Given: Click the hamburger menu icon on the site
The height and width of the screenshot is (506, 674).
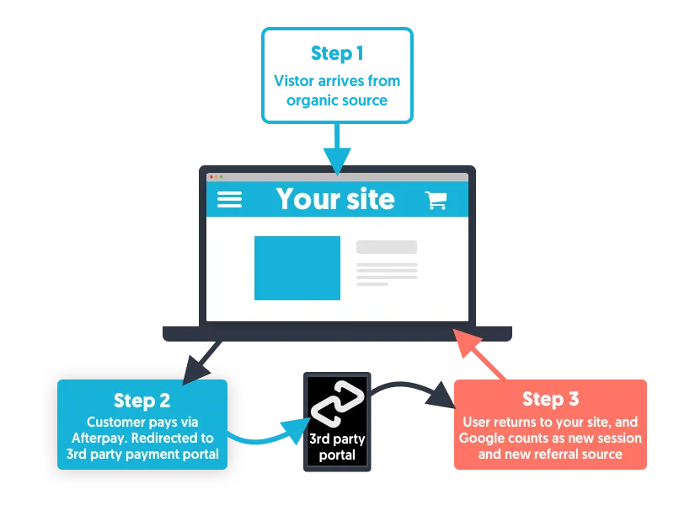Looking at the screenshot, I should click(229, 199).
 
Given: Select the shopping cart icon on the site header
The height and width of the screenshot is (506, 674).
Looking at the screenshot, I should click(436, 200).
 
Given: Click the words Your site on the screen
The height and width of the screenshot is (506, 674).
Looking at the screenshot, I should click(335, 199).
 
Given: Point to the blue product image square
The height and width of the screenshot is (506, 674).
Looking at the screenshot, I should click(297, 268).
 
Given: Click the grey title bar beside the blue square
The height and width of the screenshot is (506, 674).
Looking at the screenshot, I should click(386, 247).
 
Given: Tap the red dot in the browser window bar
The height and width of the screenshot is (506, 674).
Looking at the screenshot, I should click(211, 177).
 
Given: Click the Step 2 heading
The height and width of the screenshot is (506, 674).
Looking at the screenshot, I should click(142, 400).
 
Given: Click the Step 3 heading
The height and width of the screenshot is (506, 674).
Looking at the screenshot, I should click(550, 399).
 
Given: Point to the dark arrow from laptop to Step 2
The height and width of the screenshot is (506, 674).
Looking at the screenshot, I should click(202, 358).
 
